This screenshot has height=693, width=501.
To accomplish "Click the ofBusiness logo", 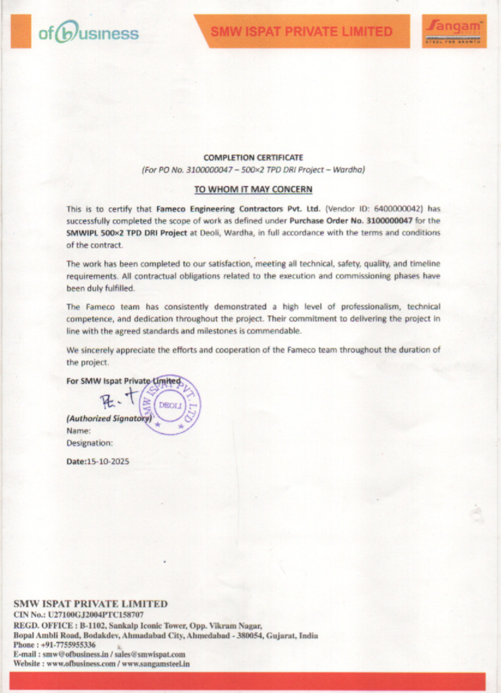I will click(x=88, y=34).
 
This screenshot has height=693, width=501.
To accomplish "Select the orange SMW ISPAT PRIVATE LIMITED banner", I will click(x=301, y=31).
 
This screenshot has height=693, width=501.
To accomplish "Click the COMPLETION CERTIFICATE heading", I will click(x=253, y=158).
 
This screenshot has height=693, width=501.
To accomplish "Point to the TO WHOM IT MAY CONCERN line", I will click(x=253, y=189).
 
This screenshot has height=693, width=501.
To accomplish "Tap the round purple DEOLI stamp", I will click(x=174, y=405).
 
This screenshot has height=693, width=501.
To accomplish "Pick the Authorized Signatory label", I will click(x=108, y=418).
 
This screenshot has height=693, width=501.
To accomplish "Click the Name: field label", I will click(x=79, y=430).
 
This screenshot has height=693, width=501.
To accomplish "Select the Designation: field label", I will click(x=89, y=443).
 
